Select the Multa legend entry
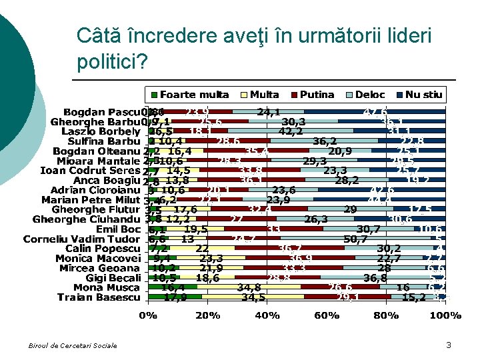259,95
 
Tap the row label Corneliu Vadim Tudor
82,239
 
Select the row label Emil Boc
121,229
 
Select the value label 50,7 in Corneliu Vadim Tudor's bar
355,239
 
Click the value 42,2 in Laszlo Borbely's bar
291,131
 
